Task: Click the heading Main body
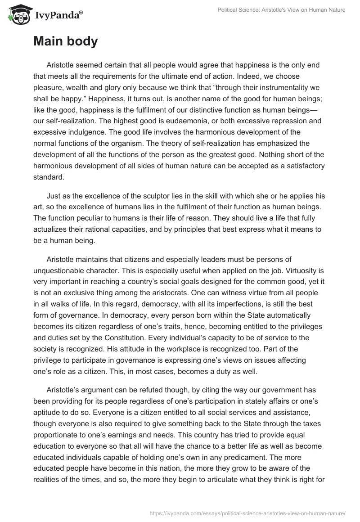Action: pyautogui.click(x=65, y=42)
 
